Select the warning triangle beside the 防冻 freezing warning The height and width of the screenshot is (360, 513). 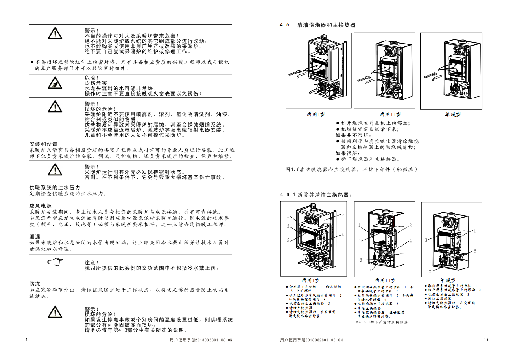[54, 312]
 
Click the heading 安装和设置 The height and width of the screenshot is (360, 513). [44, 144]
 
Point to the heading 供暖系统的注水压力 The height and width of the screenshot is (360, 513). [55, 188]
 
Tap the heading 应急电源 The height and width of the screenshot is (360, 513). [41, 206]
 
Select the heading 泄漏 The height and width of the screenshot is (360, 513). [35, 236]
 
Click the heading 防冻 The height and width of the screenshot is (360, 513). [35, 284]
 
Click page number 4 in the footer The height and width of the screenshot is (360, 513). [27, 340]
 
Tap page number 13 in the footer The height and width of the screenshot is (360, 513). [486, 340]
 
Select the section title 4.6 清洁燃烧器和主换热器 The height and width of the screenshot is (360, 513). [318, 25]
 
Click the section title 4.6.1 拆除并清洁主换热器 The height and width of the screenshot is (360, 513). [315, 195]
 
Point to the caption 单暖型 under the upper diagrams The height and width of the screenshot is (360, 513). [453, 115]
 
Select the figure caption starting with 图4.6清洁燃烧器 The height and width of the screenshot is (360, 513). [351, 169]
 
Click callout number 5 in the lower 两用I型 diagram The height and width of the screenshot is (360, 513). [288, 240]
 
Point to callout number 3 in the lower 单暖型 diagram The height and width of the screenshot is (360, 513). [426, 240]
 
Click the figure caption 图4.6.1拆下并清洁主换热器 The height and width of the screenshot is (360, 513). [381, 322]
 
